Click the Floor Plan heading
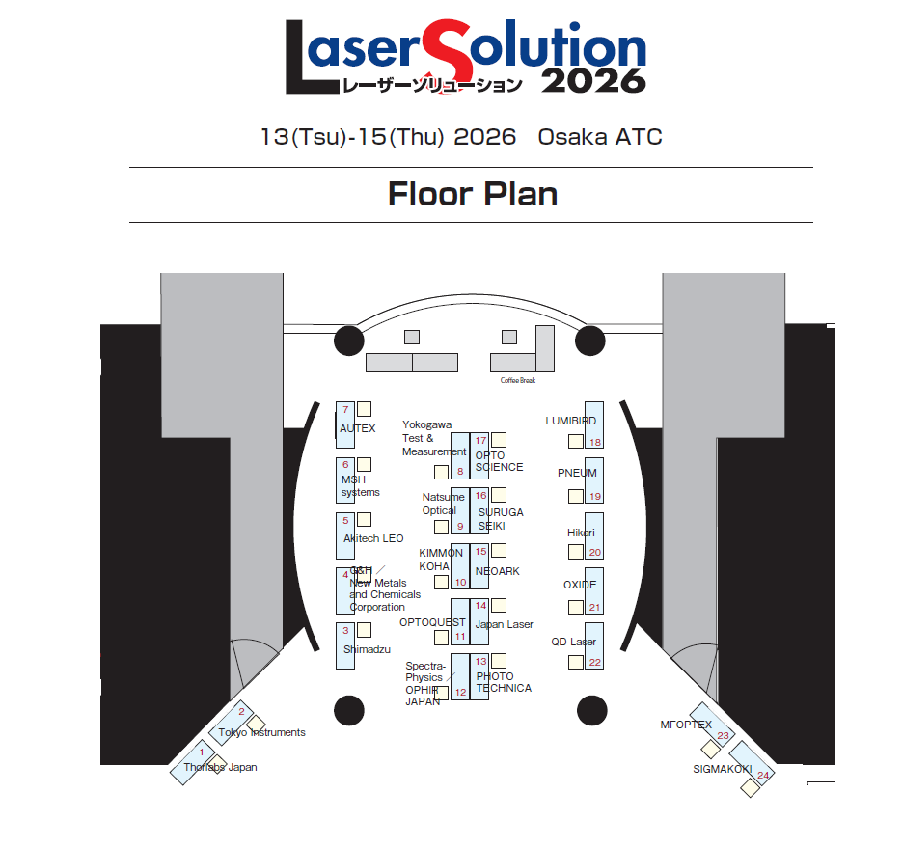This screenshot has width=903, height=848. (473, 195)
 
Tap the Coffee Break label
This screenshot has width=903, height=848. (517, 380)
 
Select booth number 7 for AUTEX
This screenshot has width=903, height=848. (344, 410)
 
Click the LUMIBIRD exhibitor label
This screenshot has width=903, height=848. (570, 422)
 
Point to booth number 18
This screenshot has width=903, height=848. (594, 443)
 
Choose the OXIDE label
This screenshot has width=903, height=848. (580, 586)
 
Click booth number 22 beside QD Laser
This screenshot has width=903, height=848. (594, 662)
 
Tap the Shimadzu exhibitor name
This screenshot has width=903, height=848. (366, 650)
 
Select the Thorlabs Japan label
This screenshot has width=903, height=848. (221, 768)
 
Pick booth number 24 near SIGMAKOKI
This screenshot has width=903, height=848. (763, 775)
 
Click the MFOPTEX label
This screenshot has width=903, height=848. (686, 725)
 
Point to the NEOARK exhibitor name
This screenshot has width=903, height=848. (498, 572)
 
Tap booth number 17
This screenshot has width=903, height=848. (480, 441)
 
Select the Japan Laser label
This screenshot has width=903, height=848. (505, 625)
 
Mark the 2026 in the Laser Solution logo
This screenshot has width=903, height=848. (592, 80)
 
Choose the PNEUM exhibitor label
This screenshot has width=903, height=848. (577, 474)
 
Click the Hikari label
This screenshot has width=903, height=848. (581, 533)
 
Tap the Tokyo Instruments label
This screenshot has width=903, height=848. (261, 733)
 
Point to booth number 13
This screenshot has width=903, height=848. (480, 661)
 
